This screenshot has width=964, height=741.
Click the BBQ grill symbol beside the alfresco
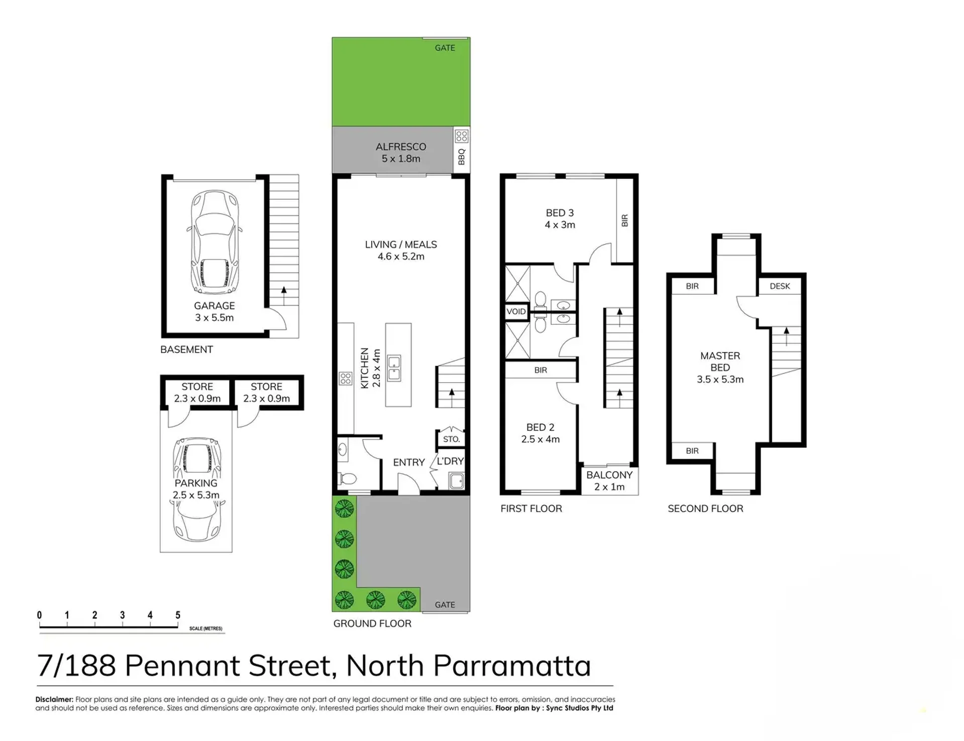point(462,136)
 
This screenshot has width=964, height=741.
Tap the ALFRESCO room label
point(401,147)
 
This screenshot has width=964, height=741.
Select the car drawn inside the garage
point(215,242)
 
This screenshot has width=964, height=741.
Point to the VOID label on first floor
point(516,311)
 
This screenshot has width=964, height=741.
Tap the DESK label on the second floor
point(780,286)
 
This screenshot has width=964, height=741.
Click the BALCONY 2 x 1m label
point(609,480)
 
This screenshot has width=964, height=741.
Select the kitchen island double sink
point(394,367)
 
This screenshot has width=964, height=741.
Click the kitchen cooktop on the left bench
point(346,378)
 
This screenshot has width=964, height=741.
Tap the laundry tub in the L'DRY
point(457,480)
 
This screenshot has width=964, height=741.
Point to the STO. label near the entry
point(451,439)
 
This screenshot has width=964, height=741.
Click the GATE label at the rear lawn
point(445,48)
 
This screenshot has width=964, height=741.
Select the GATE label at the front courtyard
point(445,604)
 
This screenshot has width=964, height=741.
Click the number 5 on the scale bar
point(178,615)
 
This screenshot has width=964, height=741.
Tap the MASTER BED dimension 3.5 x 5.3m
point(720,380)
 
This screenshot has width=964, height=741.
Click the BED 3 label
point(560,213)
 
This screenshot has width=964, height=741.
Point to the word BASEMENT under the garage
point(186,349)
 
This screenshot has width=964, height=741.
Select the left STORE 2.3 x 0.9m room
point(197,393)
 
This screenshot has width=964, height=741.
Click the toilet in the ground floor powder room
point(347,478)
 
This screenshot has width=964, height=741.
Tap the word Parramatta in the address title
point(511,666)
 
